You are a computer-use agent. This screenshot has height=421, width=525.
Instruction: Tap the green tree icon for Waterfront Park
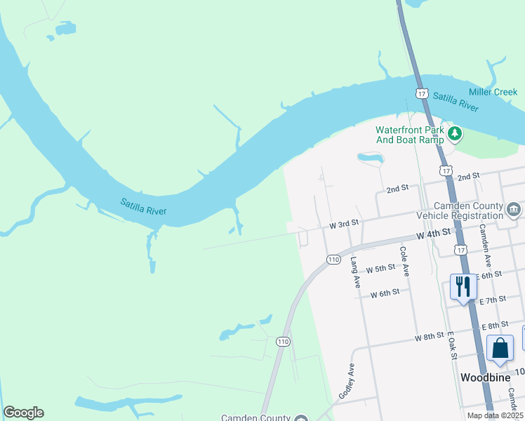(x=456, y=132)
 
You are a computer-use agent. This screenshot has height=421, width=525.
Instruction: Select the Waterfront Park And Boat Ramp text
(x=410, y=135)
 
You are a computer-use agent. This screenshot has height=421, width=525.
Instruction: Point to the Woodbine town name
(x=485, y=377)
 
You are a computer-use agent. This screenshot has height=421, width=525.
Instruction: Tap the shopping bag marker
(x=499, y=349)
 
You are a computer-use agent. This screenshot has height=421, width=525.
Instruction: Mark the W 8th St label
(x=429, y=337)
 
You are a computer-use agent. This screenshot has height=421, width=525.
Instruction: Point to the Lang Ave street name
(x=355, y=272)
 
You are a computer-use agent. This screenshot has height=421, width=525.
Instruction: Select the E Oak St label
(x=452, y=346)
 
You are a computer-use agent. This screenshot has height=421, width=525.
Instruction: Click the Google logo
(x=23, y=413)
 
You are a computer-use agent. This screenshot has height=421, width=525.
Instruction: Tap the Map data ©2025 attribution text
(x=495, y=415)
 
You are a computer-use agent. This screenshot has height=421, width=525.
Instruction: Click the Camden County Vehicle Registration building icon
(x=514, y=208)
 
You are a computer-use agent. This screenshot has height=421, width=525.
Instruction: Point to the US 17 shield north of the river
(x=421, y=93)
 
